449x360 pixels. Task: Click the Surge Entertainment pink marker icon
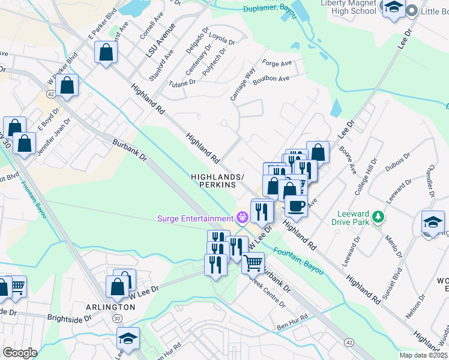coord(243,218)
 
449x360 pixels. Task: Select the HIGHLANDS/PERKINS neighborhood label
coord(217,181)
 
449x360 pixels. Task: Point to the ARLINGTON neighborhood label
coord(110,307)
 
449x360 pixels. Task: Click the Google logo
coord(20,353)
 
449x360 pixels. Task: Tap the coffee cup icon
coord(295,206)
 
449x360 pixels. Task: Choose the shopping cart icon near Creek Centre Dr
coord(253,262)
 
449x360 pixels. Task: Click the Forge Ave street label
coord(277,62)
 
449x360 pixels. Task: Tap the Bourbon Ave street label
coord(271,79)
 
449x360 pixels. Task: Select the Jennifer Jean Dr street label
coord(53,137)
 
